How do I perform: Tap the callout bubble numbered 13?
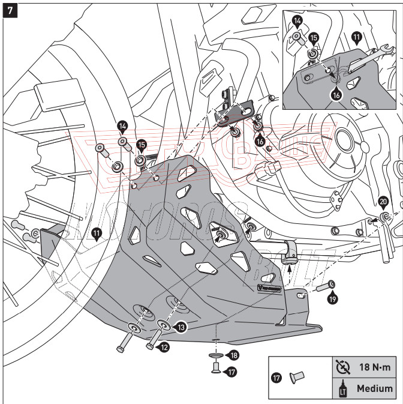pyautogui.click(x=181, y=326)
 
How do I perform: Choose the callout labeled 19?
pyautogui.click(x=333, y=296)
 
